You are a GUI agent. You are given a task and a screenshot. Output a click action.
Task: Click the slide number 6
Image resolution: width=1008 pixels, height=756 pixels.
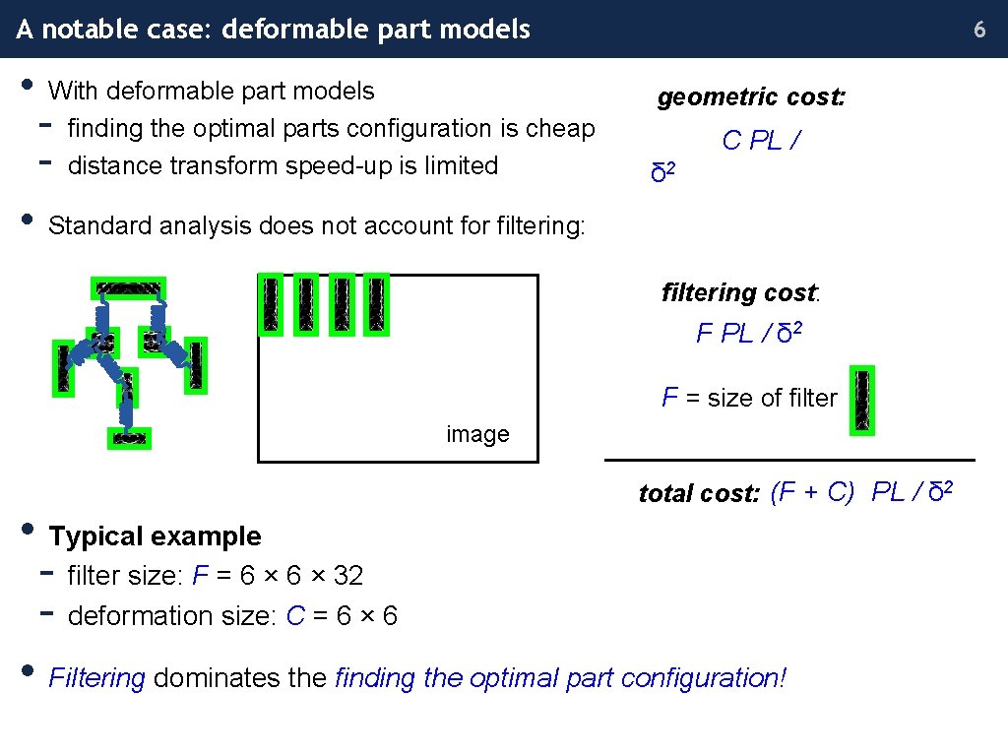tap(979, 30)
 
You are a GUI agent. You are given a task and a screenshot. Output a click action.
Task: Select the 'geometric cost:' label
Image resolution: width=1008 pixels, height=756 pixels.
tap(751, 97)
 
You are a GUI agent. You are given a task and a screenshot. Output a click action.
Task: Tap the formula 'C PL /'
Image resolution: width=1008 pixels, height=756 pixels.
tap(761, 141)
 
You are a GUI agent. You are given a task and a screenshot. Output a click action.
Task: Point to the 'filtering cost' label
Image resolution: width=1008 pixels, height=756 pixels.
tap(739, 292)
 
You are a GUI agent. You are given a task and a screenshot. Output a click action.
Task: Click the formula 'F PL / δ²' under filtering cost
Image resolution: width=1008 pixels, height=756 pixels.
tap(749, 333)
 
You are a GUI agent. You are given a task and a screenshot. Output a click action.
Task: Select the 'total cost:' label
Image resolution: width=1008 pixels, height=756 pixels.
tap(699, 493)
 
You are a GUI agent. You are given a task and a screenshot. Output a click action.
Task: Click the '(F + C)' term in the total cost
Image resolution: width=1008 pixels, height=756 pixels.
tap(812, 492)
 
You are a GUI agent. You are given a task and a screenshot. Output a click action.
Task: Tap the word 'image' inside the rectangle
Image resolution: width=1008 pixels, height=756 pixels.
tap(477, 434)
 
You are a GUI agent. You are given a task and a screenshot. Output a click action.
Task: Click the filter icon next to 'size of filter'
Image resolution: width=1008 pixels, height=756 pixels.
tap(862, 400)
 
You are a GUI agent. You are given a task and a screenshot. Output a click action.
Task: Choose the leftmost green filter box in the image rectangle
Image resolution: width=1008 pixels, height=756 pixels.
tap(270, 304)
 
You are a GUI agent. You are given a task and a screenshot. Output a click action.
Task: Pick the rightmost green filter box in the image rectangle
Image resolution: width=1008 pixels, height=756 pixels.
tap(376, 304)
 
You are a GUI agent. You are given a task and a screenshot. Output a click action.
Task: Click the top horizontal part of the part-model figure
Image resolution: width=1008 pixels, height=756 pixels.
tap(128, 288)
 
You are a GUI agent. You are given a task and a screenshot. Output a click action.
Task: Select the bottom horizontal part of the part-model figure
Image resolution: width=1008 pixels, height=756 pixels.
tap(129, 438)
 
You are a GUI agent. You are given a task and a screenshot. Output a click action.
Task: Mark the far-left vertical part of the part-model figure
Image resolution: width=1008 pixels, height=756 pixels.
tap(64, 368)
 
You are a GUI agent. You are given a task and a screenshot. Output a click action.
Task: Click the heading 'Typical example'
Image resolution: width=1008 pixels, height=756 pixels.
tap(155, 536)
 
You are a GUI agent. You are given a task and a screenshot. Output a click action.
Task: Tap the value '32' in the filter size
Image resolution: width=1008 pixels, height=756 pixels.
tap(347, 575)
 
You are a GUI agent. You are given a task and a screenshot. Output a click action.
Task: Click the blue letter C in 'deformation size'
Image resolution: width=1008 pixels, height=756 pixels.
tap(295, 616)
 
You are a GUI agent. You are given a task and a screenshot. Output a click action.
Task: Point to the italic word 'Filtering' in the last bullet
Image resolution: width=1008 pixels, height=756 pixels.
tap(97, 678)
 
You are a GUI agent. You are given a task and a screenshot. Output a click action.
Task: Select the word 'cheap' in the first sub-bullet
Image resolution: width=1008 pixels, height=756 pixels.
tap(561, 128)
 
